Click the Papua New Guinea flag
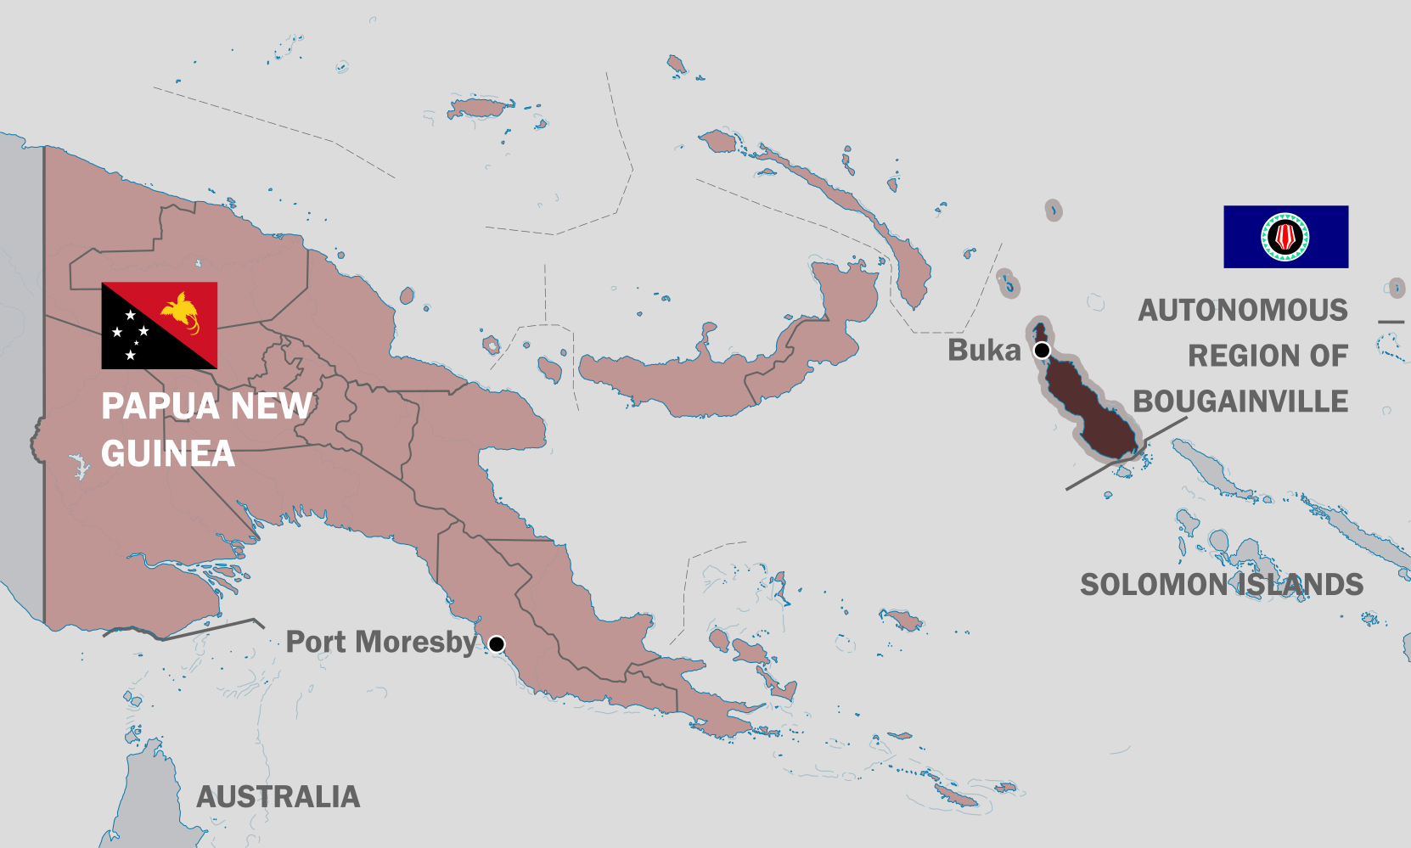click(159, 325)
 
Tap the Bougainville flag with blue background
click(1285, 237)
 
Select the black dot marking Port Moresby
click(497, 644)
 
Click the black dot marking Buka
click(1042, 351)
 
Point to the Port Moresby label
click(381, 643)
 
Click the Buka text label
click(984, 350)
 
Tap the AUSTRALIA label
click(278, 797)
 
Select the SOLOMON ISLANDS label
click(1221, 585)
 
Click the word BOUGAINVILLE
click(1240, 402)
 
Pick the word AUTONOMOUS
click(1243, 311)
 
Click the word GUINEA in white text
click(167, 454)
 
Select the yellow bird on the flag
click(183, 310)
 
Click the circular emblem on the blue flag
click(1285, 237)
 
